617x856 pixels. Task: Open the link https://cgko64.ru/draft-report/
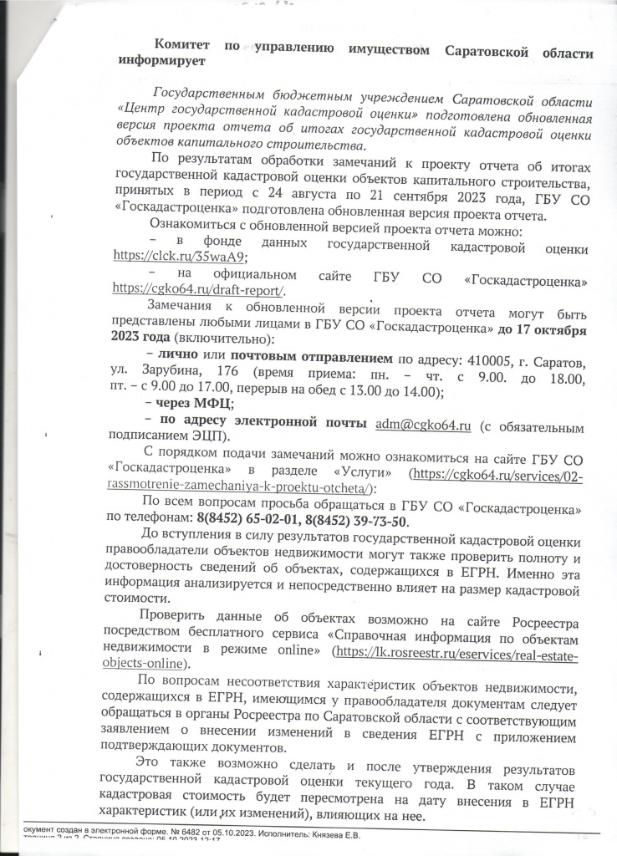coord(198,289)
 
